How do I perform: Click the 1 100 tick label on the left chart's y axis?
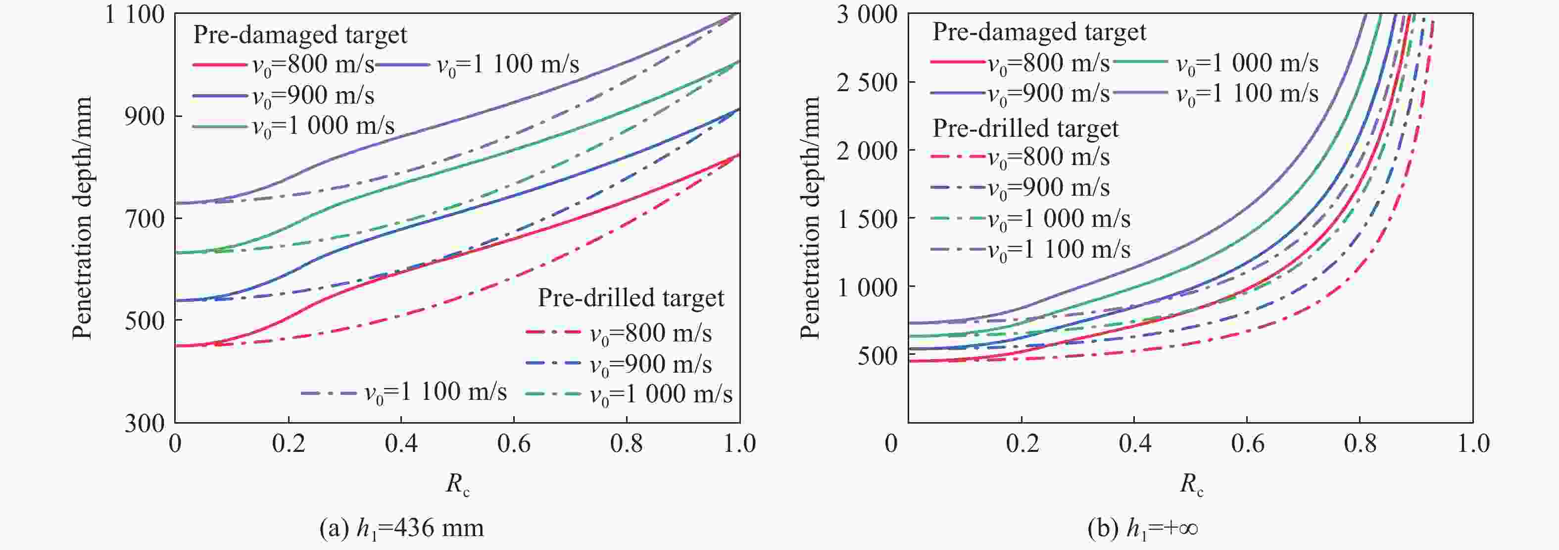(x=134, y=14)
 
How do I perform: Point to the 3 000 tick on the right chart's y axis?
(x=867, y=14)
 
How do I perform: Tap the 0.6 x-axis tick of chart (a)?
(x=513, y=444)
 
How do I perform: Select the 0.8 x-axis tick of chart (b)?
(x=1360, y=444)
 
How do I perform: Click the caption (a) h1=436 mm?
(x=401, y=528)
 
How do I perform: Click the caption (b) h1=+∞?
(x=1143, y=528)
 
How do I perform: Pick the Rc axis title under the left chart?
(x=457, y=484)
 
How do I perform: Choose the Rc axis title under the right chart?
(x=1191, y=484)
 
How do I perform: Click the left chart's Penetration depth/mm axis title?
(x=82, y=218)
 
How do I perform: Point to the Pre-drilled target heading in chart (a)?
(x=631, y=298)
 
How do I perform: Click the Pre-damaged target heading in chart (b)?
(x=1038, y=32)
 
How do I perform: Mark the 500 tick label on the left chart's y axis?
(x=145, y=321)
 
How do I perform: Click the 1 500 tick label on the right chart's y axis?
(x=867, y=219)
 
